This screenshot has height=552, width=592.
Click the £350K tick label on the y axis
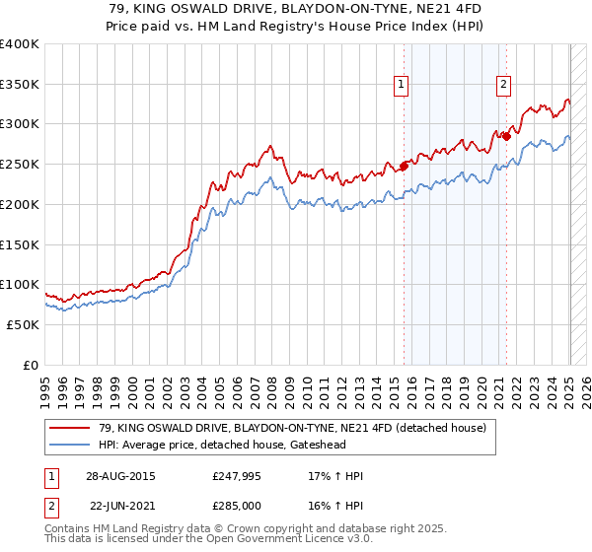coord(20,85)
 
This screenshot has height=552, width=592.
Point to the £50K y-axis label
coord(24,324)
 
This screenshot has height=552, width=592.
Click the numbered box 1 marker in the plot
coord(403,85)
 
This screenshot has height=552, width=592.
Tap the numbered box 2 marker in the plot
coord(503,85)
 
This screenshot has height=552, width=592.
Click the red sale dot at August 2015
coord(404,166)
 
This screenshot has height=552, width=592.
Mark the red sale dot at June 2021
coord(506,136)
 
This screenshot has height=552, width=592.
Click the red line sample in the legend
coord(70,429)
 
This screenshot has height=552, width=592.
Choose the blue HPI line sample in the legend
coord(70,445)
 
